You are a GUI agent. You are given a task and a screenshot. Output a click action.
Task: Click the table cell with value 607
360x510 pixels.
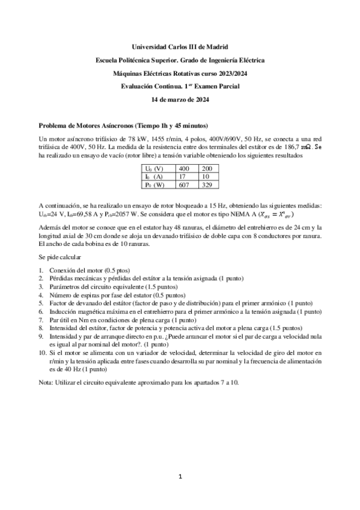186,185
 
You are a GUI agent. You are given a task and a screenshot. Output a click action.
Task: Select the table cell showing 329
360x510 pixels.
206,185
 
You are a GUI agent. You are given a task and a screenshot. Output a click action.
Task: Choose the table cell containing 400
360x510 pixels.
186,168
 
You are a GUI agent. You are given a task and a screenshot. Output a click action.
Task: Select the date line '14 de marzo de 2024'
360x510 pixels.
180,99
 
